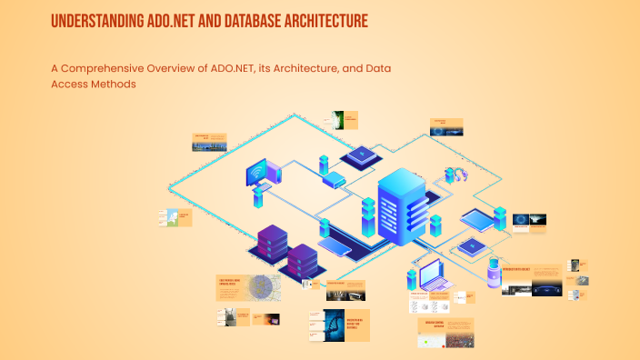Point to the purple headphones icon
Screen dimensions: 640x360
point(454,175)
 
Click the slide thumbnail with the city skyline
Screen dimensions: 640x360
point(208,142)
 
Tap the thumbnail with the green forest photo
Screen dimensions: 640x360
point(337,120)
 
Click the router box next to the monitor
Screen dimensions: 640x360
point(335,180)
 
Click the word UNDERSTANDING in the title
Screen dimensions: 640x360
point(88,20)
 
